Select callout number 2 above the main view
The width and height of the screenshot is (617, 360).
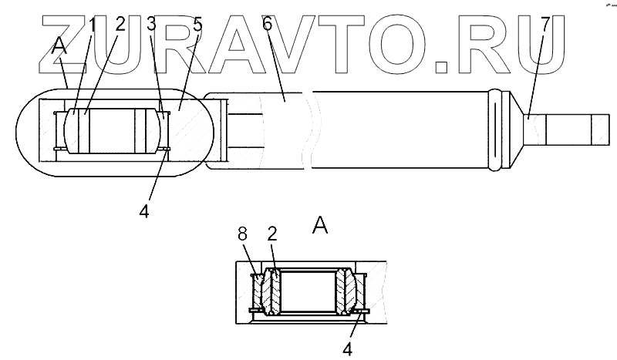(120, 25)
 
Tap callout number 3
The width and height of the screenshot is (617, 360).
(151, 25)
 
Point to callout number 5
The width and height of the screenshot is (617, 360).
(197, 25)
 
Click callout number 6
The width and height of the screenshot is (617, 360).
(267, 25)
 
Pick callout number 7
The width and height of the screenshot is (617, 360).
(545, 25)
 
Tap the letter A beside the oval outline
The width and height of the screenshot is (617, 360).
(59, 48)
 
